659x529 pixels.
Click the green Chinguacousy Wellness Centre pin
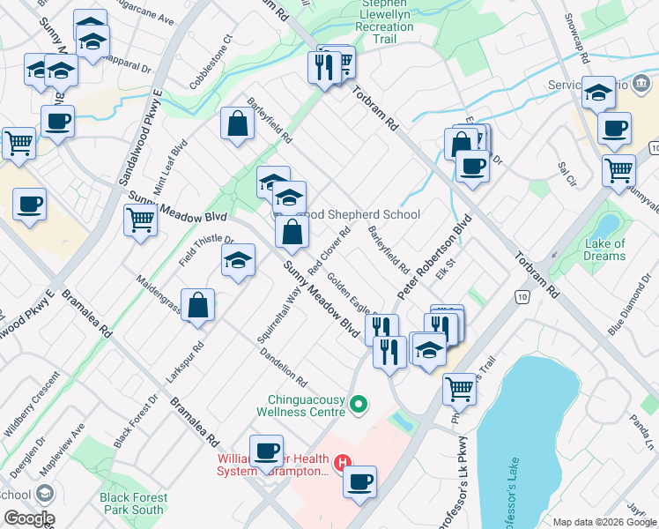click(x=358, y=406)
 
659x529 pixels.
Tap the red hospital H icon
click(x=343, y=461)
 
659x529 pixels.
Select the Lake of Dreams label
click(x=604, y=250)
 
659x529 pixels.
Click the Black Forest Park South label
click(x=132, y=503)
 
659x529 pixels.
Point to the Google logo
click(x=28, y=518)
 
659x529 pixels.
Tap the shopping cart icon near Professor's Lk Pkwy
click(x=459, y=388)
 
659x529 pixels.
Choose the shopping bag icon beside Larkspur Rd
click(x=198, y=305)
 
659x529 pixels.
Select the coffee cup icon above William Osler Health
click(x=265, y=451)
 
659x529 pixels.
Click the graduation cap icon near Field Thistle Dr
click(x=238, y=261)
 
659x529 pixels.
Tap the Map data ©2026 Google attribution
click(x=604, y=522)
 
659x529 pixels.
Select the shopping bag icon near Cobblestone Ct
click(x=238, y=124)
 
